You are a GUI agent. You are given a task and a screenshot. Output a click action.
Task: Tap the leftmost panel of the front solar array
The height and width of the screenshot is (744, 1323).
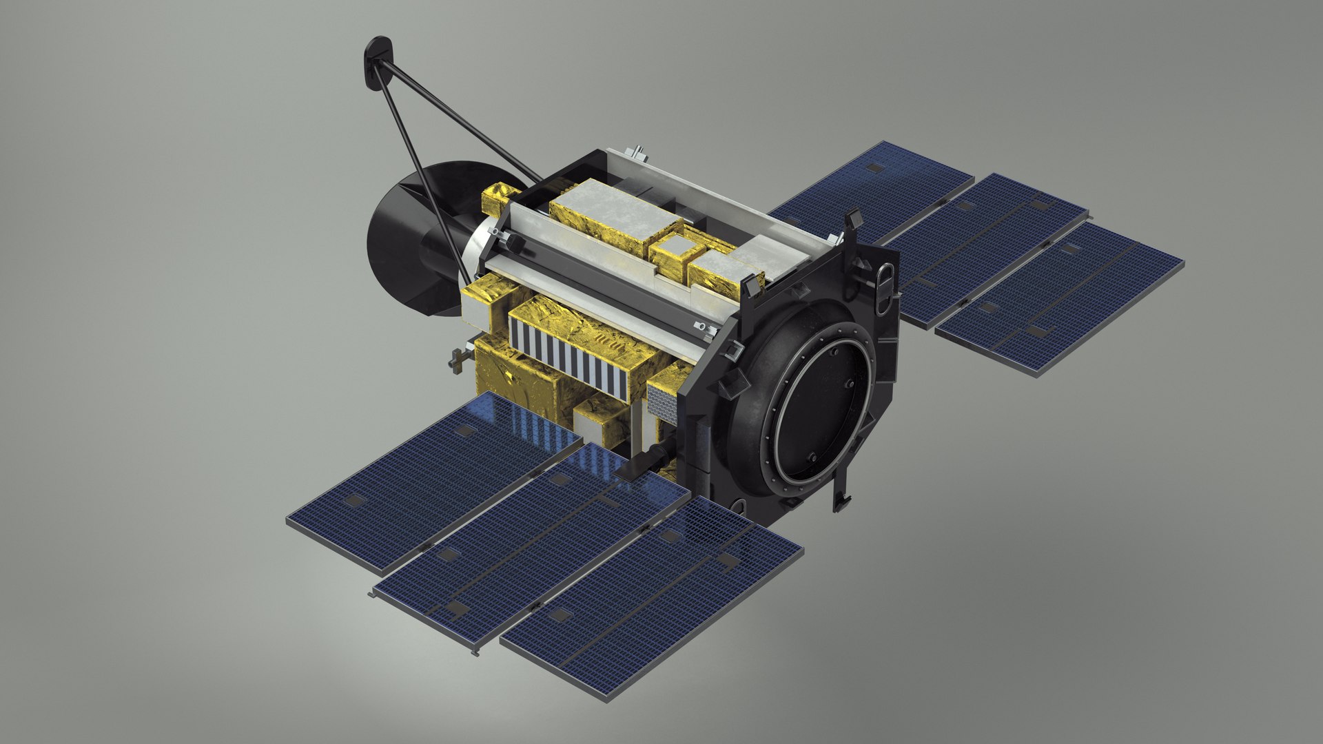coord(434,482)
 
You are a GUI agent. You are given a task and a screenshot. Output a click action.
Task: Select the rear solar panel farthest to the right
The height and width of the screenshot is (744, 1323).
coord(1061,296)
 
